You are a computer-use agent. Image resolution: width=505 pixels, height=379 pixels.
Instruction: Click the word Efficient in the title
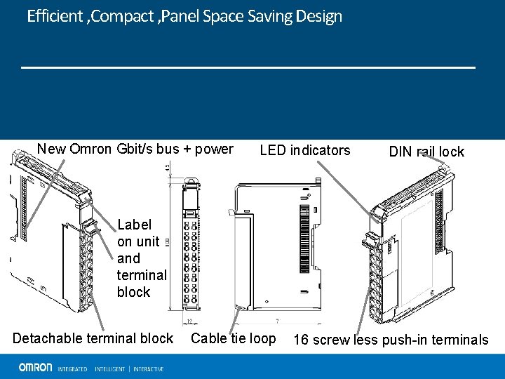pyautogui.click(x=55, y=16)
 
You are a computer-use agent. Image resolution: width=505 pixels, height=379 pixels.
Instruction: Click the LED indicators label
pyautogui.click(x=304, y=150)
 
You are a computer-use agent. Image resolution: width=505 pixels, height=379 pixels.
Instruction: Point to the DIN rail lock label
pyautogui.click(x=426, y=152)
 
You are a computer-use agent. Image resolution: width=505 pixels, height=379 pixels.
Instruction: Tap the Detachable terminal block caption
pyautogui.click(x=93, y=338)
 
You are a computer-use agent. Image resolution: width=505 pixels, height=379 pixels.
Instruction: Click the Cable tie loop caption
pyautogui.click(x=234, y=338)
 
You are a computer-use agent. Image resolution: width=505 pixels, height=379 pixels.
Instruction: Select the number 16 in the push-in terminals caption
pyautogui.click(x=300, y=340)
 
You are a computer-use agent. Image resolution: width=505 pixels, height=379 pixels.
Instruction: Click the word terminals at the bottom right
pyautogui.click(x=457, y=340)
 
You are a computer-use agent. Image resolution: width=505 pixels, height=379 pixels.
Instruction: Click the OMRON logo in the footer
pyautogui.click(x=35, y=367)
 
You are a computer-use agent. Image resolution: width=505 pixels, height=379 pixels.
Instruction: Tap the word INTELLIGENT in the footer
pyautogui.click(x=109, y=368)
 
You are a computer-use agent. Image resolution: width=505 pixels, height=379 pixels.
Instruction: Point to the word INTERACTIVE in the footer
pyautogui.click(x=148, y=368)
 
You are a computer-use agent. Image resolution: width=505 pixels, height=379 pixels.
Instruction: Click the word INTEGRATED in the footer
pyautogui.click(x=72, y=368)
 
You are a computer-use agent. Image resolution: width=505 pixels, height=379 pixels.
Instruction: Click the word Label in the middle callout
pyautogui.click(x=134, y=225)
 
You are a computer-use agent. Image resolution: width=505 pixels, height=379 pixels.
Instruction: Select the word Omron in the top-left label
pyautogui.click(x=90, y=149)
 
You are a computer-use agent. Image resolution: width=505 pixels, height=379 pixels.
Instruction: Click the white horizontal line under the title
pyautogui.click(x=248, y=67)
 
